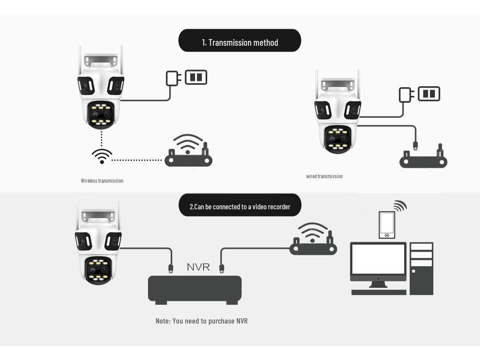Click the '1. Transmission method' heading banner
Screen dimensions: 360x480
coord(240,41)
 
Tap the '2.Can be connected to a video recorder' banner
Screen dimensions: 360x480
coord(240,206)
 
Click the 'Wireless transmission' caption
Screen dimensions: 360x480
coord(102,180)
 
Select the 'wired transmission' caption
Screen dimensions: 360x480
coord(324,176)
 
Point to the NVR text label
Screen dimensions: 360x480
coord(198,267)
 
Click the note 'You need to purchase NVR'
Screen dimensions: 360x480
coord(202,321)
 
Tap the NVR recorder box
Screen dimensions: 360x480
coord(195,289)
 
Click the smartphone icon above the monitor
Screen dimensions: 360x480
coord(387,225)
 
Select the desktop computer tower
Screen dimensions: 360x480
coord(421,268)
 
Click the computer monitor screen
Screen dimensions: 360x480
coord(378,259)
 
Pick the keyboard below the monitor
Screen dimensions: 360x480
coord(379,292)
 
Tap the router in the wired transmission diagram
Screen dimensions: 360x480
coord(423,159)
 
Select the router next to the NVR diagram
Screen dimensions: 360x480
coord(313,244)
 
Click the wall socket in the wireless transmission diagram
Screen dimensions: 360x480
coord(196,77)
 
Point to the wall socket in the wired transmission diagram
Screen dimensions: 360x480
coord(429,94)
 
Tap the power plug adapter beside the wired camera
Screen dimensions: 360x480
coord(405,95)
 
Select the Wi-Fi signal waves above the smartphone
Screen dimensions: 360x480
coord(400,206)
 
